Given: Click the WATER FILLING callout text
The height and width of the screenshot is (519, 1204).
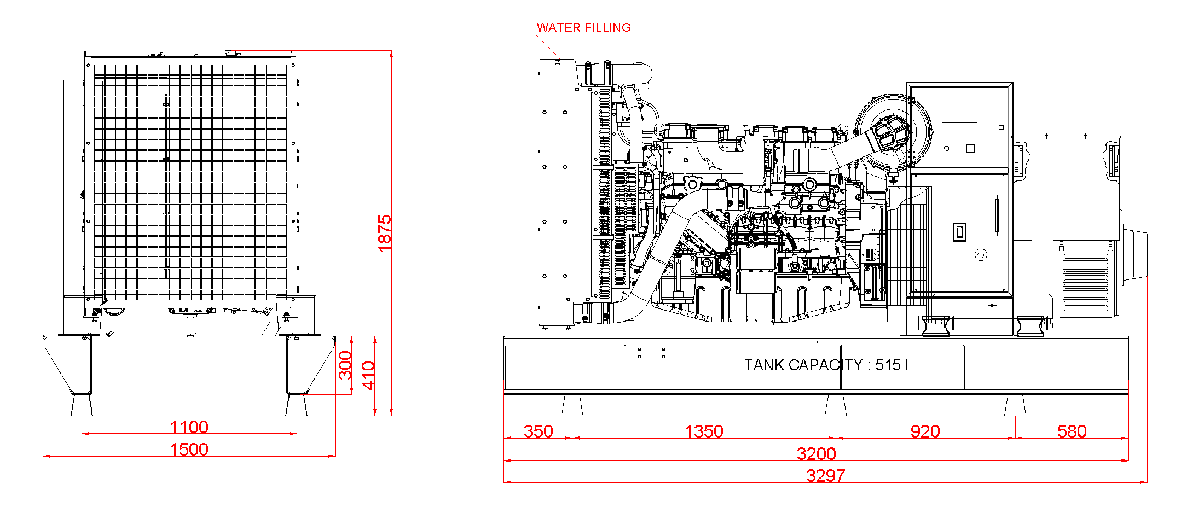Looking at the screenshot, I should [583, 27].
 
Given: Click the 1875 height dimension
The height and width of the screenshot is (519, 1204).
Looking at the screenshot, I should [385, 233].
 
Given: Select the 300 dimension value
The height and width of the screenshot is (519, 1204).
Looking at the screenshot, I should [345, 365].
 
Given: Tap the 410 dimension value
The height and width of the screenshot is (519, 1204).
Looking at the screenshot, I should [369, 375].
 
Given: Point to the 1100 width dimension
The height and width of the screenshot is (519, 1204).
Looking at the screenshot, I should [189, 427].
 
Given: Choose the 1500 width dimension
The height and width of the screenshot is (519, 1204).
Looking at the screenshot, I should [189, 449].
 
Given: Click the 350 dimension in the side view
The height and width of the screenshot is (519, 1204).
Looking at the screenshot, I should [539, 431].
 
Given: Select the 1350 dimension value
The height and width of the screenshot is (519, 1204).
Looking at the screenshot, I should [704, 431].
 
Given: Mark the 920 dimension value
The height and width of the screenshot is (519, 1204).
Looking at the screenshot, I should [925, 431].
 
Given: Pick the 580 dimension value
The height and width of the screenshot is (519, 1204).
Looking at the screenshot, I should [1072, 431].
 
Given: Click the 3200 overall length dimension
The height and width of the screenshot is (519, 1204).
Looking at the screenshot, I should [816, 453].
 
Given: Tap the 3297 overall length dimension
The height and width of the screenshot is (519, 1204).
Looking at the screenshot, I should [825, 475].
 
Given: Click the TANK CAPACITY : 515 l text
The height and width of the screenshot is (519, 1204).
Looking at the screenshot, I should [826, 365].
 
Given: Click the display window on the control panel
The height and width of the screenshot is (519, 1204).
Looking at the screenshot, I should [959, 110].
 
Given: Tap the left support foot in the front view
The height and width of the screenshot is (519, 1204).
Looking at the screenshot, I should [82, 405].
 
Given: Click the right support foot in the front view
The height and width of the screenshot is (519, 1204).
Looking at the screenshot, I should [296, 405].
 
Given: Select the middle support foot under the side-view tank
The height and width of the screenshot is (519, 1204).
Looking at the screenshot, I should [836, 405].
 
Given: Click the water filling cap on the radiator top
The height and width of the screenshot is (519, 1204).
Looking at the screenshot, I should [558, 62].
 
